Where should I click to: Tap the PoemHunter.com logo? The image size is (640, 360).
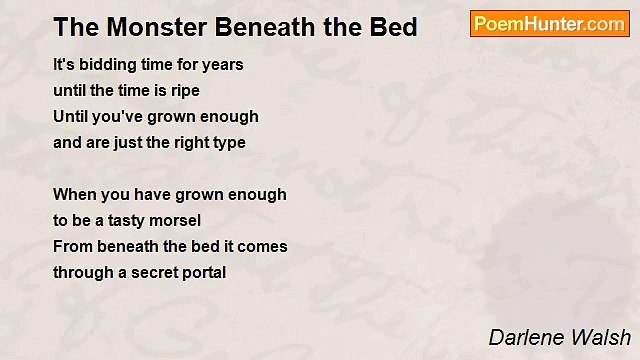click(x=549, y=24)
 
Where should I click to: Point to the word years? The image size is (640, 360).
click(x=222, y=65)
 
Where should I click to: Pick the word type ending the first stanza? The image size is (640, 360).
click(x=228, y=143)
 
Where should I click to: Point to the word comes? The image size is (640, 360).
click(x=265, y=246)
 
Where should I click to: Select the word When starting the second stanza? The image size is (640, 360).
click(x=73, y=194)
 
